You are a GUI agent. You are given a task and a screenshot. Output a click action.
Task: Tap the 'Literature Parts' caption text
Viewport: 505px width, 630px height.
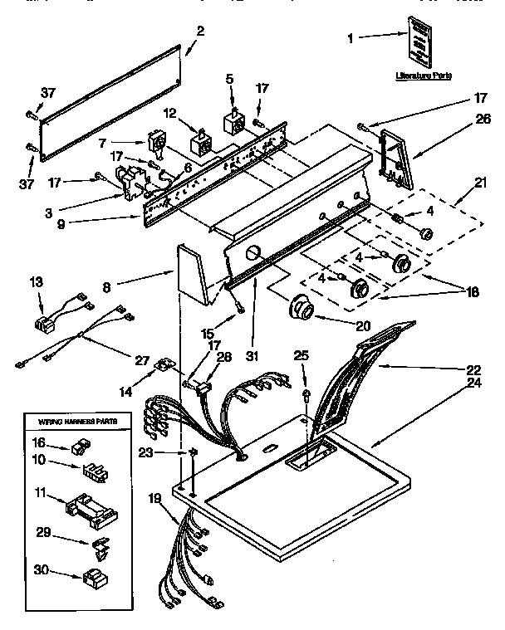pos(423,75)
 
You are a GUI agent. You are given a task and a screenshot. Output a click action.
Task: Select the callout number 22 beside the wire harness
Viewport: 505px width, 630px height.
pos(474,369)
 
